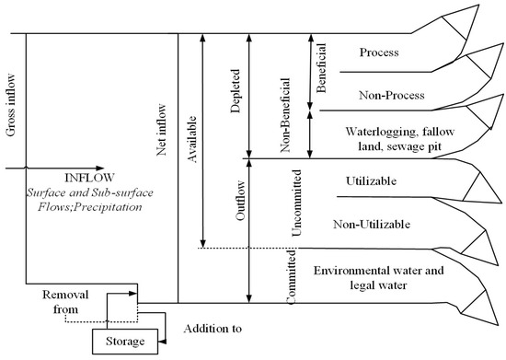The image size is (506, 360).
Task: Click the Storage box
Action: point(125,342)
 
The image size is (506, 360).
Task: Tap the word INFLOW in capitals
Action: point(90,178)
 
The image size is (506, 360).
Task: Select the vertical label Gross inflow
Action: point(10,105)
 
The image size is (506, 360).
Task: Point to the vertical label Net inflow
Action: point(161,130)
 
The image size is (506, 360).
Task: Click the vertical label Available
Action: point(191,139)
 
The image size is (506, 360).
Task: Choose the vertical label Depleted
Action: point(236,91)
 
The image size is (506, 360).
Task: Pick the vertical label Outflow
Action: point(240,201)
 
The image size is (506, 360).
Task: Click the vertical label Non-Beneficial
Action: point(285,115)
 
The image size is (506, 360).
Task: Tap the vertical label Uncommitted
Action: point(296,203)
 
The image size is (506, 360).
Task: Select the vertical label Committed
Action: point(292,277)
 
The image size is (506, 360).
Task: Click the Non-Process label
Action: point(392,95)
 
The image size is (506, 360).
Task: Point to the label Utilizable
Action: point(371,180)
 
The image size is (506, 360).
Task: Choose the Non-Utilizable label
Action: point(372,224)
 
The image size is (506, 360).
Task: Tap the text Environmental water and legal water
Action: point(378,278)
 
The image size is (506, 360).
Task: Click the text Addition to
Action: point(213,329)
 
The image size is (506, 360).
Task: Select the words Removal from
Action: point(65,302)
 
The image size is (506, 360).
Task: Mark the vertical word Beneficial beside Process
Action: point(321,68)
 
